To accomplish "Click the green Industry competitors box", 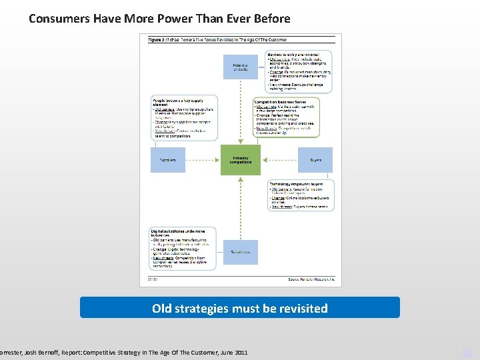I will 241,160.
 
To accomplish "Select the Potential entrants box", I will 241,67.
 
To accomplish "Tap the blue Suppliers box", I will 168,160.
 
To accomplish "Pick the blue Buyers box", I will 315,160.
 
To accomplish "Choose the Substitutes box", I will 241,252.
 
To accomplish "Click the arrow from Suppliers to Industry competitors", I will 203,160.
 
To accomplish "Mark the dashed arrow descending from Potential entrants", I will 241,113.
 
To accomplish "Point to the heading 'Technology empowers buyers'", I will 296,183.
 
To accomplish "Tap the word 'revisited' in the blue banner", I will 302,308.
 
